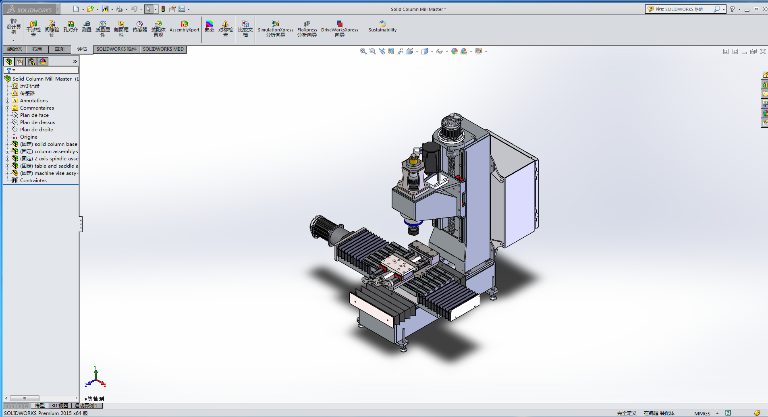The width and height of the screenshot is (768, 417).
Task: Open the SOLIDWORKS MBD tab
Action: (x=163, y=49)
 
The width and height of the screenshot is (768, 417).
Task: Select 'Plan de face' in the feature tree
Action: (x=34, y=115)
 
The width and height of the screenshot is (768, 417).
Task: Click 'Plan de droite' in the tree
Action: (x=36, y=130)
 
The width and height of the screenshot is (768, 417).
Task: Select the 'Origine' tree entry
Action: (x=29, y=137)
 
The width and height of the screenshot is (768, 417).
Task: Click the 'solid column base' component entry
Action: (x=56, y=144)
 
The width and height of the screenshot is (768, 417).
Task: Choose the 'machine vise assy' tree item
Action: (x=55, y=173)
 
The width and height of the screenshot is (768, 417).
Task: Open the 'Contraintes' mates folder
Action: (x=33, y=180)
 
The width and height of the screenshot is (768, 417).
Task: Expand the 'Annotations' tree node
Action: (x=7, y=101)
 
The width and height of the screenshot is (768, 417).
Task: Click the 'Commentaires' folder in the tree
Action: (x=37, y=108)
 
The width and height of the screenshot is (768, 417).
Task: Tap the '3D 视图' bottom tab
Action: (x=60, y=406)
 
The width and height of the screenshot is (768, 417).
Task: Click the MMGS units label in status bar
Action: (x=702, y=413)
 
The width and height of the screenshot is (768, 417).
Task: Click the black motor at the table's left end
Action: (x=322, y=228)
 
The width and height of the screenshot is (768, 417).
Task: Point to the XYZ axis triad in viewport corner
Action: (x=95, y=377)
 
